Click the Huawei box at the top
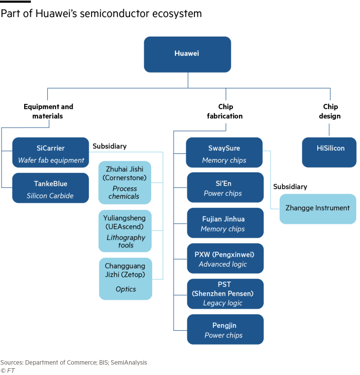[187, 54]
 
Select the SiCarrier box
[50, 152]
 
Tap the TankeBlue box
[50, 188]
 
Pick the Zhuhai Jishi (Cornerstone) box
[125, 182]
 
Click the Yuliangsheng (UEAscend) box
[125, 230]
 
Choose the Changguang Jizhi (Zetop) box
[125, 278]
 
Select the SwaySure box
[224, 152]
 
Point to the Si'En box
[224, 187]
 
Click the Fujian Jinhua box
[224, 223]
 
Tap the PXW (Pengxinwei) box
[224, 258]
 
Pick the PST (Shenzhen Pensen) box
[224, 294]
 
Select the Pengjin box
[224, 329]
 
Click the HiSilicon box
[329, 152]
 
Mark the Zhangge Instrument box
[317, 208]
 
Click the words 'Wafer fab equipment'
[51, 160]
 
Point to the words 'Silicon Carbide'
[50, 195]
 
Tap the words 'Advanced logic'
[223, 264]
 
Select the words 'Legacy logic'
[223, 303]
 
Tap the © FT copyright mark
[7, 370]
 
